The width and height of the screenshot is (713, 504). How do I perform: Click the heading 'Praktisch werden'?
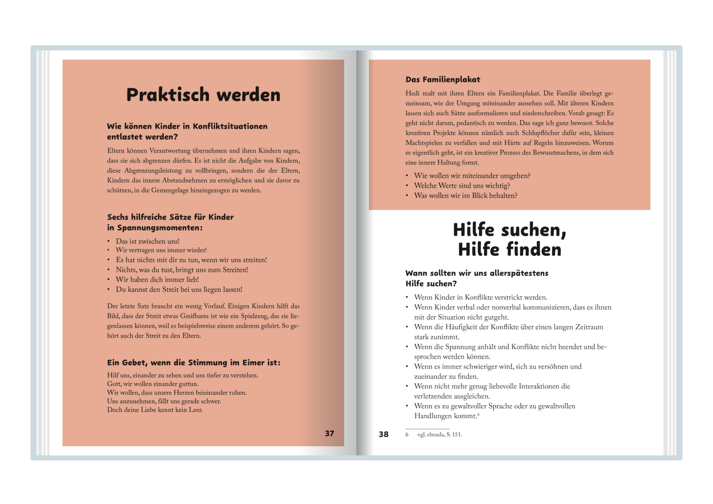pyautogui.click(x=203, y=95)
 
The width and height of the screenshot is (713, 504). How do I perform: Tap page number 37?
pyautogui.click(x=329, y=433)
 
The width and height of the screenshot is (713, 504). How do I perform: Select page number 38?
pyautogui.click(x=384, y=434)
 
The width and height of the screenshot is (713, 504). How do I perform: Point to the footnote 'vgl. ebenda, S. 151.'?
pyautogui.click(x=439, y=435)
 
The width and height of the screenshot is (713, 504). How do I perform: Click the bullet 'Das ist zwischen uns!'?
pyautogui.click(x=148, y=242)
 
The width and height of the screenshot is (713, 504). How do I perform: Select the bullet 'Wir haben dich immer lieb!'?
pyautogui.click(x=157, y=280)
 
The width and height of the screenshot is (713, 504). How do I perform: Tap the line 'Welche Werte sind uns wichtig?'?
pyautogui.click(x=462, y=185)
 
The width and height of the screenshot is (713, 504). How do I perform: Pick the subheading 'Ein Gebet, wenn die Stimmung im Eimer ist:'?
pyautogui.click(x=194, y=363)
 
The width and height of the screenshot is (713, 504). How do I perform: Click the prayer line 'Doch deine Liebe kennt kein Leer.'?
pyautogui.click(x=154, y=410)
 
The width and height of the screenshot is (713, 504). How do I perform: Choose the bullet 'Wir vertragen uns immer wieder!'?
pyautogui.click(x=161, y=251)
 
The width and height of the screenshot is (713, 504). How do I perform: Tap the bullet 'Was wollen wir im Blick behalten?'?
pyautogui.click(x=466, y=195)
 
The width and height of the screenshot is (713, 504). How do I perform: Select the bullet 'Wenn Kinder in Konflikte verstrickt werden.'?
pyautogui.click(x=480, y=297)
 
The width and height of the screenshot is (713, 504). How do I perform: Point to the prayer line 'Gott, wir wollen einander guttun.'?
pyautogui.click(x=153, y=384)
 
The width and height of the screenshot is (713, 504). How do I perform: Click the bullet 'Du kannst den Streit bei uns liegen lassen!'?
pyautogui.click(x=179, y=290)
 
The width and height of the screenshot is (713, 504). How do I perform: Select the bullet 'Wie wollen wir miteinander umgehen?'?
pyautogui.click(x=472, y=175)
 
